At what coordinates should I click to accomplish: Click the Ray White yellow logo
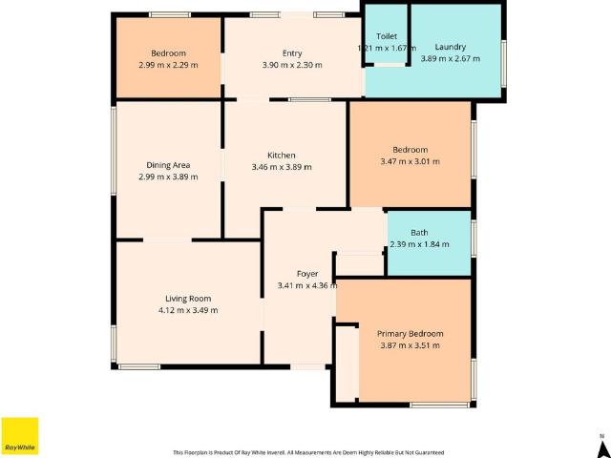click(19, 435)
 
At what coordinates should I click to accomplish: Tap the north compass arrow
click(601, 443)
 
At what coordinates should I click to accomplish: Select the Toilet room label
click(386, 36)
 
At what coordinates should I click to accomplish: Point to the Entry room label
click(292, 53)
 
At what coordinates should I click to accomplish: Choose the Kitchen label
click(281, 156)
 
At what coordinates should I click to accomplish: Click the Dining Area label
click(168, 165)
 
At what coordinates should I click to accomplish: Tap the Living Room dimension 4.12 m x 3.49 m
click(188, 310)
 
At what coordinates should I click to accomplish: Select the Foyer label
click(306, 274)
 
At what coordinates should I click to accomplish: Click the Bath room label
click(419, 233)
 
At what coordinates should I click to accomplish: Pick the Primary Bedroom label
click(410, 333)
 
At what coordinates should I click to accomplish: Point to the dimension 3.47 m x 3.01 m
click(410, 161)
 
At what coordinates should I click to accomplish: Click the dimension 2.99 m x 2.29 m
click(168, 65)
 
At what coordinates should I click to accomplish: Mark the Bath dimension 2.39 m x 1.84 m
click(418, 244)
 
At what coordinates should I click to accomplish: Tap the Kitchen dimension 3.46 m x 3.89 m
click(281, 167)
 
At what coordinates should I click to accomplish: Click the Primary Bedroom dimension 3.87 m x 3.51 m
click(410, 344)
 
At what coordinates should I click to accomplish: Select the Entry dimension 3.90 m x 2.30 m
click(292, 65)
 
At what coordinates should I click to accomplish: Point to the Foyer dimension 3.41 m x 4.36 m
click(306, 285)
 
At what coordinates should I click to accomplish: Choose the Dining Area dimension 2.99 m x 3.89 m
click(168, 177)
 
